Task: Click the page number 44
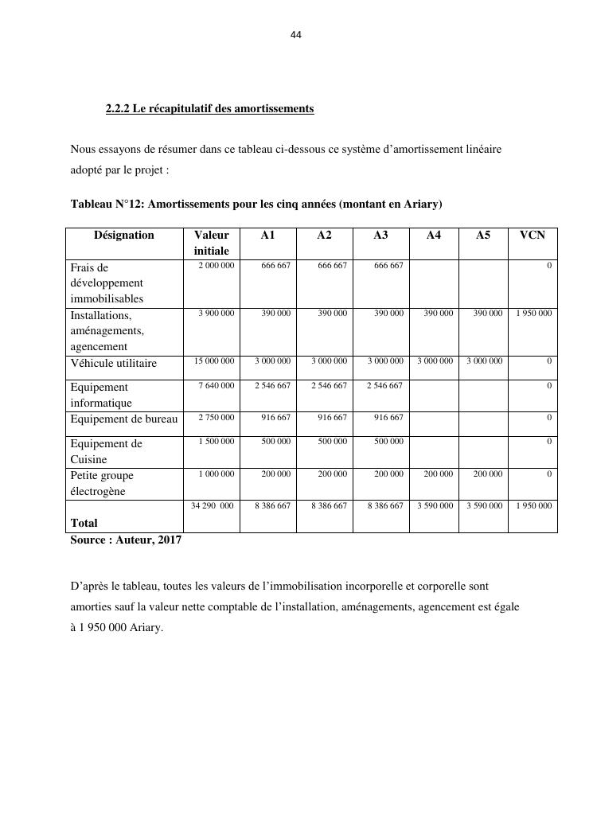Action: click(x=296, y=35)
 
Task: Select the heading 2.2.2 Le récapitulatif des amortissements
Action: click(x=209, y=108)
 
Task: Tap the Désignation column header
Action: click(x=124, y=235)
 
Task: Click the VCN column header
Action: click(x=533, y=235)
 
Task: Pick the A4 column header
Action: click(x=434, y=235)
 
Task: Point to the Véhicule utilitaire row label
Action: click(x=114, y=363)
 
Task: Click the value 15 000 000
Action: click(x=214, y=361)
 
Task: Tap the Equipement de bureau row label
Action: click(x=124, y=419)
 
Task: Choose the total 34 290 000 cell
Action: click(x=213, y=505)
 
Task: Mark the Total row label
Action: click(x=84, y=523)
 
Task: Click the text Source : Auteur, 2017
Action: click(x=126, y=540)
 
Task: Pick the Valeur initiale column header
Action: click(x=211, y=243)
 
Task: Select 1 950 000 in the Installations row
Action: click(x=533, y=314)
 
